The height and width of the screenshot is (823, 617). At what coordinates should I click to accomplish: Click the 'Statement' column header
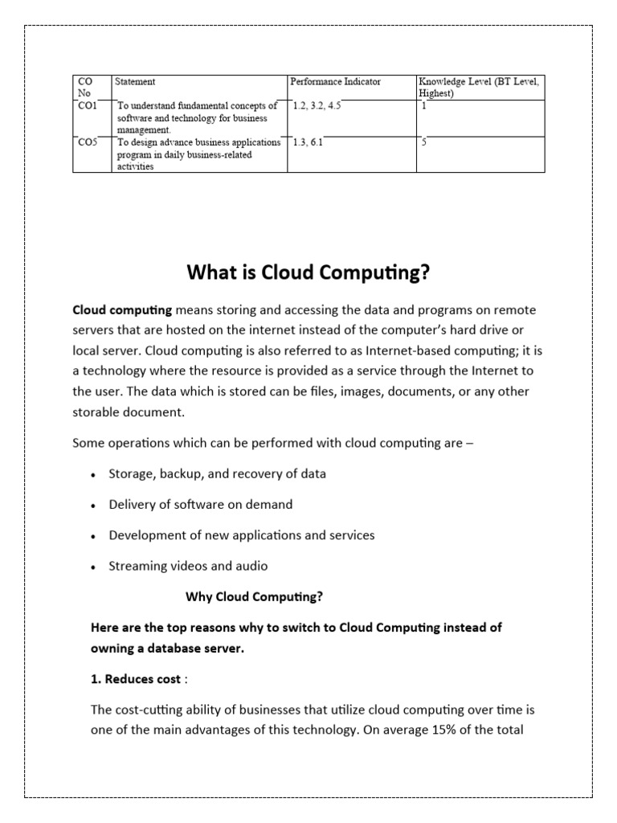135,81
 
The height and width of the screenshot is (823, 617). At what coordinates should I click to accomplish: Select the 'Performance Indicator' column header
335,81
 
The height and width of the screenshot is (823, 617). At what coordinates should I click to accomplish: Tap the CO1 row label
86,105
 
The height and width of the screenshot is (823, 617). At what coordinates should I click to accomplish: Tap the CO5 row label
87,141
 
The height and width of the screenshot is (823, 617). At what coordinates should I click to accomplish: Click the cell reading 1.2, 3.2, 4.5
317,105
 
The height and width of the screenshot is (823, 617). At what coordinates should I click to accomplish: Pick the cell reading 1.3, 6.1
308,141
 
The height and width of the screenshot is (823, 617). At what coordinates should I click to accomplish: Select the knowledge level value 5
423,141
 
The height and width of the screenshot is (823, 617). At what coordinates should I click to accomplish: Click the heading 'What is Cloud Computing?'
308,273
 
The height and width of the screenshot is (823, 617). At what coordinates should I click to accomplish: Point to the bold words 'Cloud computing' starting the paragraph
122,309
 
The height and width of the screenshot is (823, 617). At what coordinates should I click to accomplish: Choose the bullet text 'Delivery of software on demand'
201,505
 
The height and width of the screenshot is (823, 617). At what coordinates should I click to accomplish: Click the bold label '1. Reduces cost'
135,679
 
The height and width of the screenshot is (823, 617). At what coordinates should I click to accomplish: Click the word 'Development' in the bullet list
145,535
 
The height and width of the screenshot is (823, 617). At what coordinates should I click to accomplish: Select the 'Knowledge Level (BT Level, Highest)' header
480,87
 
